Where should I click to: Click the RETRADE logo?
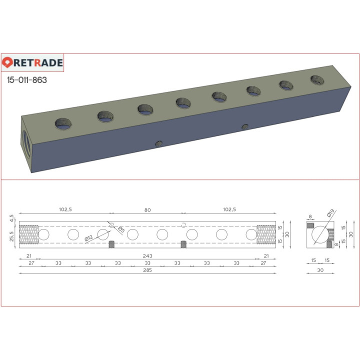(x=32, y=62)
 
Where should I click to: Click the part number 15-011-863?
(x=27, y=79)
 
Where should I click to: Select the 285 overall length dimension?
(x=147, y=270)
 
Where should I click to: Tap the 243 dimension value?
(x=147, y=256)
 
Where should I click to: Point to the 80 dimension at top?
(x=147, y=210)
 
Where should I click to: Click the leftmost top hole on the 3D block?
(x=64, y=122)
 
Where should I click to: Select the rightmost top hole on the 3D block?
(x=317, y=79)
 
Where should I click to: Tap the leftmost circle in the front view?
(x=43, y=234)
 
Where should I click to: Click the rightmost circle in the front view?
(x=251, y=234)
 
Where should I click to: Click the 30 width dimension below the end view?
(x=319, y=270)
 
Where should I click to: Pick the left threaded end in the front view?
(x=28, y=234)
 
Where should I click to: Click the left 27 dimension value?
(x=31, y=263)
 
